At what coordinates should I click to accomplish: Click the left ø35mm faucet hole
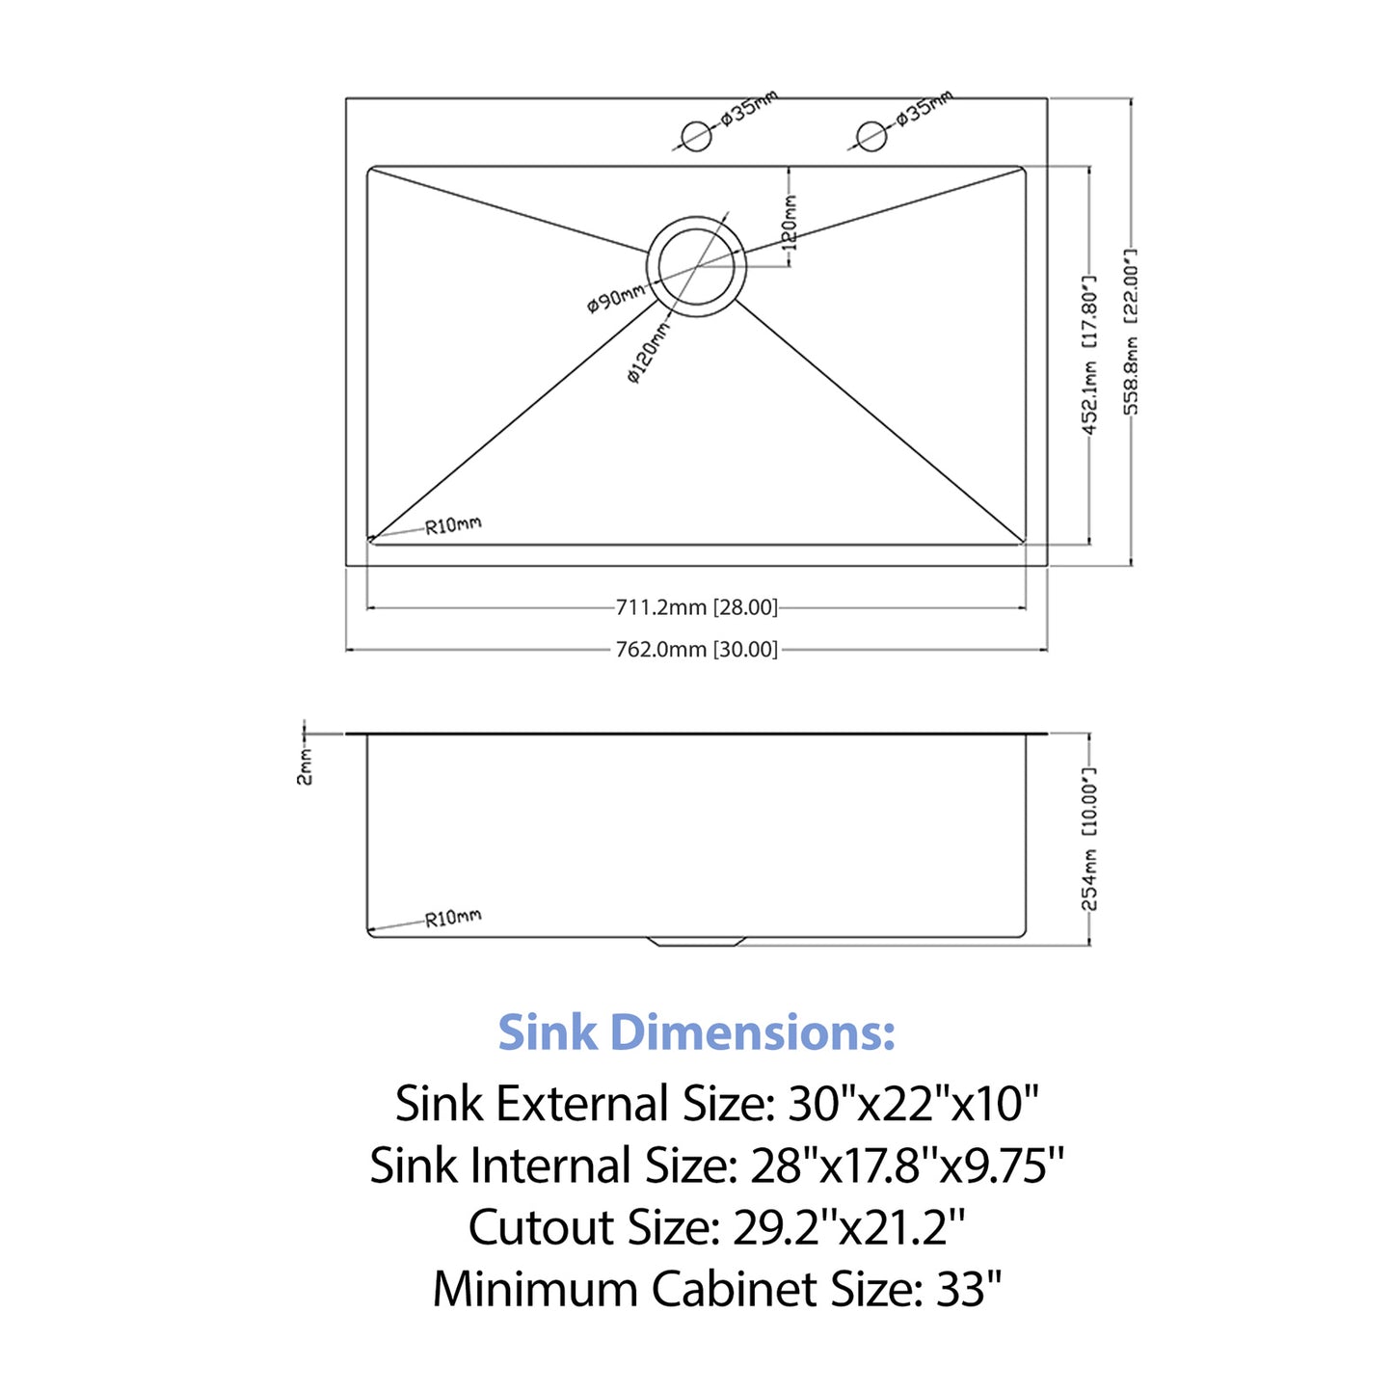pos(696,136)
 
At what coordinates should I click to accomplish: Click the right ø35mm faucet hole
pos(871,136)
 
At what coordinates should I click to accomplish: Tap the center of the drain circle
pos(696,265)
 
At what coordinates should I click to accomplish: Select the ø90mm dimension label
pos(615,299)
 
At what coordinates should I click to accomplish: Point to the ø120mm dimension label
pos(648,352)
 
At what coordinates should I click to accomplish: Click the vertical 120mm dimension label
pos(790,222)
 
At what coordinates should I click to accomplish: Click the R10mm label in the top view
pos(453,525)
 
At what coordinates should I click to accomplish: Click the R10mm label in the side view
pos(453,918)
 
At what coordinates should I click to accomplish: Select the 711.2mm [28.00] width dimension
pos(696,607)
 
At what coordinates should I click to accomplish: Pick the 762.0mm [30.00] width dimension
pos(696,650)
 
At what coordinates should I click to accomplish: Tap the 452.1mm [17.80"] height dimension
pos(1088,354)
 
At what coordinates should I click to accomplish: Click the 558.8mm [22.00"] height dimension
pos(1131,332)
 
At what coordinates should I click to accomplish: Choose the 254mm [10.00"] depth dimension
pos(1088,839)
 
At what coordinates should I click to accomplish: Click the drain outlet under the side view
pos(696,941)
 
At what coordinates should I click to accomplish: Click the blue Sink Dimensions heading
pos(696,1032)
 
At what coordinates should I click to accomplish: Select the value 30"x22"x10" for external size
pos(913,1104)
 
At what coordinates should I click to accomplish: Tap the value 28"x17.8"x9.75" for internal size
pos(906,1165)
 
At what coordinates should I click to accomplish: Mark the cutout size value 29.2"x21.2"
pos(848,1227)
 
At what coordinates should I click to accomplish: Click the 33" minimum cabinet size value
pos(968,1289)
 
